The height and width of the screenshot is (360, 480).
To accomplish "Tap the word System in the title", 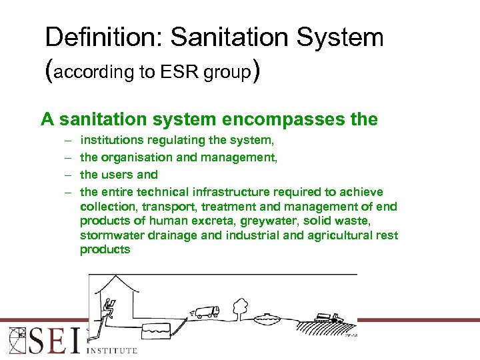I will pos(341,37).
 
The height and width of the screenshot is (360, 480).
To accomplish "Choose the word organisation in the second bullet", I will pos(138,158).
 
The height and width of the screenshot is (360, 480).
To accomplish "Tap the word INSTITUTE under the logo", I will pos(111,350).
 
